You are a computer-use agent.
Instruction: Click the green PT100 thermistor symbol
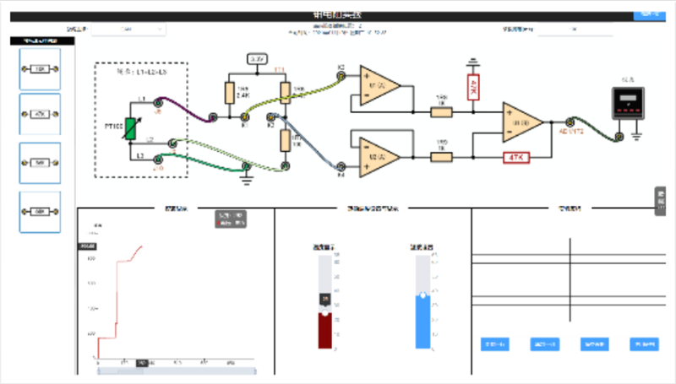pyautogui.click(x=132, y=127)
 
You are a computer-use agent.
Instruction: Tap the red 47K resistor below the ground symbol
pyautogui.click(x=473, y=87)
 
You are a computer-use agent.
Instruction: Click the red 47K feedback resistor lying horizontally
pyautogui.click(x=515, y=156)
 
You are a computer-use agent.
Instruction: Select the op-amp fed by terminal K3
pyautogui.click(x=378, y=84)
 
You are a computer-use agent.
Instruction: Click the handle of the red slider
pyautogui.click(x=324, y=300)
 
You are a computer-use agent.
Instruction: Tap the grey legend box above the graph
pyautogui.click(x=231, y=219)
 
